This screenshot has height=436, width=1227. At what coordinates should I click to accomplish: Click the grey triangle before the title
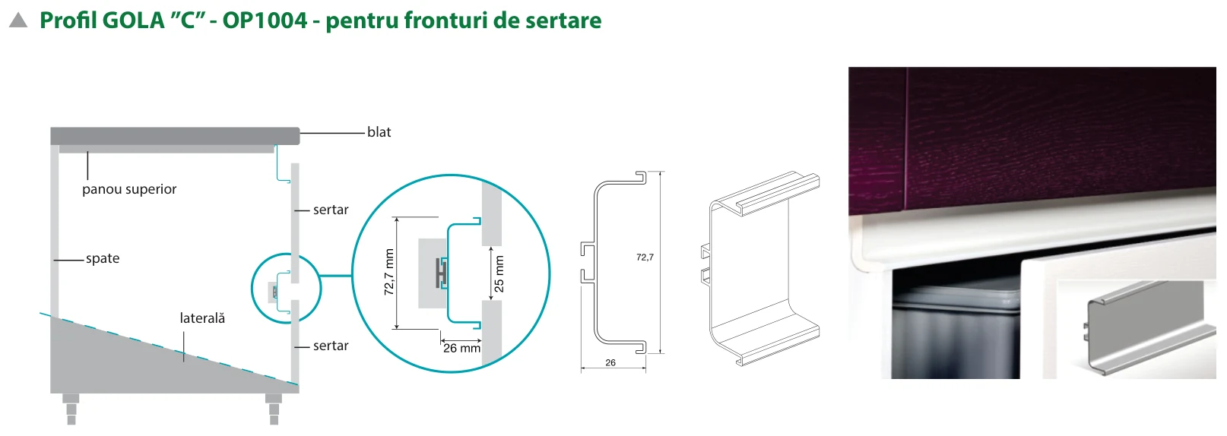pos(18,21)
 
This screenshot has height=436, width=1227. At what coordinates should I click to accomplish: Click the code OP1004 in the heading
pos(265,21)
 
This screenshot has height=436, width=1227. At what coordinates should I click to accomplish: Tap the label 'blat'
pos(379,132)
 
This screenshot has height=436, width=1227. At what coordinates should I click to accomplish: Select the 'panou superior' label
pos(129,189)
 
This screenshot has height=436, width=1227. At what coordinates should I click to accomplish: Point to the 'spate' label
pos(103,259)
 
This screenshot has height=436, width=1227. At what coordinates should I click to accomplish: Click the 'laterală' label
pos(202,318)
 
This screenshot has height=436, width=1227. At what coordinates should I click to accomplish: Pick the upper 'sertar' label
pos(331,210)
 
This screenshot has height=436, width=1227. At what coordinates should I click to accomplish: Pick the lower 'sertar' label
pos(331,346)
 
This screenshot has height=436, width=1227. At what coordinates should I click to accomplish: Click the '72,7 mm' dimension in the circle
pos(389,273)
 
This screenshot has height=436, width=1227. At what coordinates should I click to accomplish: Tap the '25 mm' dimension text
pos(499,274)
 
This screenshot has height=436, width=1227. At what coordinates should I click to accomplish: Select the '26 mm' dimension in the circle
pos(461,349)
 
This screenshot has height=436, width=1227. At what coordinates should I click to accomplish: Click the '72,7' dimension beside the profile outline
pos(645,257)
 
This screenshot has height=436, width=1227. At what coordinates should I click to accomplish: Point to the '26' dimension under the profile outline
pos(610,362)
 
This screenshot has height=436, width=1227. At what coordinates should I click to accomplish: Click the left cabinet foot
pos(71,409)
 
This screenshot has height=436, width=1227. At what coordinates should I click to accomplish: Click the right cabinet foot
pos(274,409)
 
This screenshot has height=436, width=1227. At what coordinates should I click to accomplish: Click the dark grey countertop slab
pos(176,136)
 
